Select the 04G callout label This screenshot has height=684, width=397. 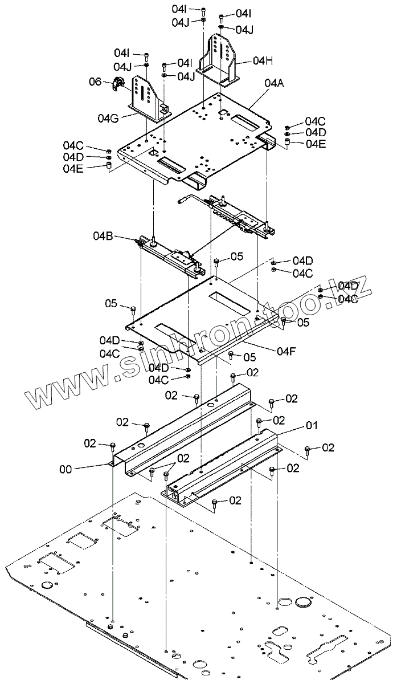click(108, 118)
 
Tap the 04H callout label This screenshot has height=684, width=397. click(263, 60)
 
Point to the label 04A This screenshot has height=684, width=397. click(275, 83)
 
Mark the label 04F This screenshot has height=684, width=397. click(287, 351)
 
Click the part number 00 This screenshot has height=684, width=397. click(66, 470)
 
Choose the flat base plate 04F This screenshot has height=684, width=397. click(199, 319)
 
